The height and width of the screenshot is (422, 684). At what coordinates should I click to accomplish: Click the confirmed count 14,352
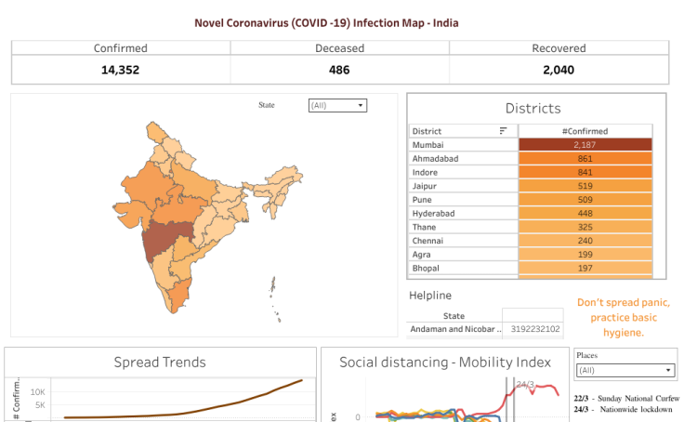(x=120, y=69)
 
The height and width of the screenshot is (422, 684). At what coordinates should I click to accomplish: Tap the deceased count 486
(x=339, y=69)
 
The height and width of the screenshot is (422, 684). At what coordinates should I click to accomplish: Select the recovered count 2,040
(x=559, y=69)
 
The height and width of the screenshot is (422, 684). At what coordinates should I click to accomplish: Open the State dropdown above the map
(x=337, y=106)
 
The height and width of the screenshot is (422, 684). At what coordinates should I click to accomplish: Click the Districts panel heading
(x=533, y=109)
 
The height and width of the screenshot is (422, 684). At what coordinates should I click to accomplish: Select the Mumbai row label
(x=428, y=145)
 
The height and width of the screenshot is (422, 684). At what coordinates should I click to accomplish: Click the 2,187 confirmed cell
(x=585, y=145)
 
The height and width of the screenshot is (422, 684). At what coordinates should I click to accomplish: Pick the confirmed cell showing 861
(x=585, y=159)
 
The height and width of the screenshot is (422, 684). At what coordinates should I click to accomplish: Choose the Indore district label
(x=427, y=172)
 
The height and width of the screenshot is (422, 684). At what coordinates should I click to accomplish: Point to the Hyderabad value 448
(x=585, y=213)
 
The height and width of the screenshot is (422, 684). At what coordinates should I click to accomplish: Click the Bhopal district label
(x=427, y=268)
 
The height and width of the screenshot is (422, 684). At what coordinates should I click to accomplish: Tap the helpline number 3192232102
(x=536, y=329)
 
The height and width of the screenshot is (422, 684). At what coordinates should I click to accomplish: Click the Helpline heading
(x=430, y=296)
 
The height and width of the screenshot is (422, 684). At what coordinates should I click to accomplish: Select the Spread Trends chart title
(x=160, y=362)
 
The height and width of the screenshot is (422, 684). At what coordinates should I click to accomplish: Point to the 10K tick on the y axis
(x=38, y=392)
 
